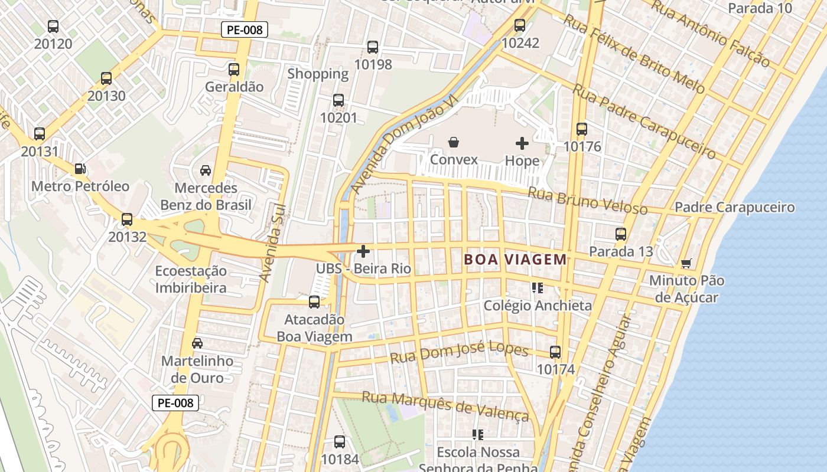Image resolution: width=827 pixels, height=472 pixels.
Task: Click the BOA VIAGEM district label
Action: click(515, 259)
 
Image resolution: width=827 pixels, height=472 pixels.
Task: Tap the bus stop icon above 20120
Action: click(53, 27)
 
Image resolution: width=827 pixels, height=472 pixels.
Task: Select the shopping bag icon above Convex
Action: click(454, 142)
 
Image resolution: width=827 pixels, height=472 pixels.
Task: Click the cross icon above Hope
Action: click(522, 143)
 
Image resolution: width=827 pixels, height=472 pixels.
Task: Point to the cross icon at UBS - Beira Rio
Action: click(363, 252)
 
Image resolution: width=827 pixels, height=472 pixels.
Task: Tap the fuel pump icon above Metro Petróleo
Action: click(80, 169)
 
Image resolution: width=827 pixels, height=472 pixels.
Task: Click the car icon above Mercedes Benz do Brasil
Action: click(206, 171)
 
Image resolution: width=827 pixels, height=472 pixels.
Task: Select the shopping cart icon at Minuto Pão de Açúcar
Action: click(686, 263)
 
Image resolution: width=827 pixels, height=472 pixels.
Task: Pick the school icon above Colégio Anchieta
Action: click(537, 288)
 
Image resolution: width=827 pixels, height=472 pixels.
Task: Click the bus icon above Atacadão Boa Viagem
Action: click(314, 302)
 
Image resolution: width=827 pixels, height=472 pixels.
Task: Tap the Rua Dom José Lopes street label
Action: click(459, 353)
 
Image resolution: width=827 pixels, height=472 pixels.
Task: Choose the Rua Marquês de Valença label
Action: click(445, 405)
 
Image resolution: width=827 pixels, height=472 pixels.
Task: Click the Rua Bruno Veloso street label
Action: click(587, 201)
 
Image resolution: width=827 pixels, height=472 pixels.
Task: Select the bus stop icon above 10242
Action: click(520, 25)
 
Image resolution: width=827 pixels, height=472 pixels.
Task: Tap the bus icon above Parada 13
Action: click(621, 234)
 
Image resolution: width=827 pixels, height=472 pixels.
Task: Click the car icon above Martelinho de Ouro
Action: click(197, 343)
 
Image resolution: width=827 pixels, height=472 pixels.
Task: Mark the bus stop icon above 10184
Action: click(340, 442)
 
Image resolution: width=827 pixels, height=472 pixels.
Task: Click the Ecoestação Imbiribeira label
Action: click(191, 279)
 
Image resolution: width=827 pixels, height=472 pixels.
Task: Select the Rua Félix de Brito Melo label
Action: click(634, 54)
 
